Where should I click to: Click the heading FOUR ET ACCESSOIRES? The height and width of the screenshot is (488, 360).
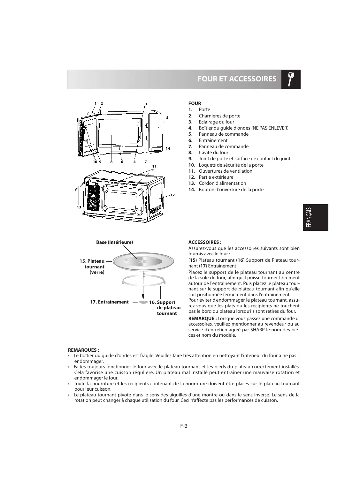(x=237, y=79)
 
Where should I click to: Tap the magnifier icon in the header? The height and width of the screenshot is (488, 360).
(x=291, y=79)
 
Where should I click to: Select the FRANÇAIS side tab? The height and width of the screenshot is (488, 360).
(x=315, y=217)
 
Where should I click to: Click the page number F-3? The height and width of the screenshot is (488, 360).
(x=183, y=425)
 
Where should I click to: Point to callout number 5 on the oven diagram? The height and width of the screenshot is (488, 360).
(x=167, y=117)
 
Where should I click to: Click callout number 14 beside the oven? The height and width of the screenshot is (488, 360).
(x=168, y=148)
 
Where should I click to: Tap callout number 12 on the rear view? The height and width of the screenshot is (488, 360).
(x=172, y=195)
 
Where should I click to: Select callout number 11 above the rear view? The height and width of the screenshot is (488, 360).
(x=154, y=166)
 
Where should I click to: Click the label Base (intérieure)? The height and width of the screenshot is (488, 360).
(x=114, y=242)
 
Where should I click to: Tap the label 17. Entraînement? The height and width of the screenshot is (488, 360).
(x=109, y=302)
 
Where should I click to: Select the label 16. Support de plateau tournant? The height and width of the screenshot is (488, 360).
(x=165, y=308)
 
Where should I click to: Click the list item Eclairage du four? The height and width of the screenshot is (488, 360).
(x=216, y=122)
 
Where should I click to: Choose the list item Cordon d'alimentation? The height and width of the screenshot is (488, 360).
(x=222, y=183)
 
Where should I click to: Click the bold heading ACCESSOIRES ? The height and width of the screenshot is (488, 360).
(x=205, y=242)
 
